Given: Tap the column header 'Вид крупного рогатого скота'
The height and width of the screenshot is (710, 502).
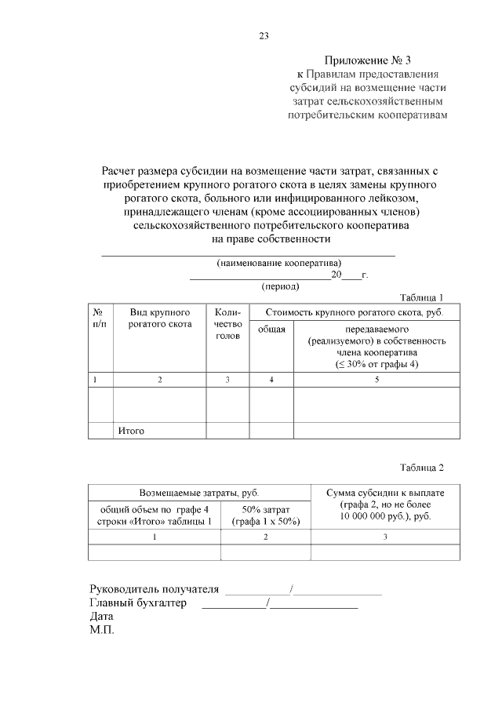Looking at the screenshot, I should (160, 318).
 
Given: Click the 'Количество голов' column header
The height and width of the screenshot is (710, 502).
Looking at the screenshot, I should (227, 324).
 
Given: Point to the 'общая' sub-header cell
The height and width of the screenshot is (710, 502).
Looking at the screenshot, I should (271, 330).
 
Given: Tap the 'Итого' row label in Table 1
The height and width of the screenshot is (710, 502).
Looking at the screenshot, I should (131, 431).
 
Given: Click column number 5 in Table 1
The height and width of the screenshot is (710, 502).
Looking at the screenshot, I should (376, 380).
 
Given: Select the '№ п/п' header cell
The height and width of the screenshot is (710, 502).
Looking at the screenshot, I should (100, 318).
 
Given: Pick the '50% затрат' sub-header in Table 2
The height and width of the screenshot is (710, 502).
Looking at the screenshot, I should (266, 515).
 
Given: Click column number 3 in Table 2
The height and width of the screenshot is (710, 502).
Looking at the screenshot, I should (385, 537).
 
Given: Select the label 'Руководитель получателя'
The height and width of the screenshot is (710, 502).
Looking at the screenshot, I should (153, 589).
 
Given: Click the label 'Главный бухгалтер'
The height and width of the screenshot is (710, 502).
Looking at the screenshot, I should (139, 603).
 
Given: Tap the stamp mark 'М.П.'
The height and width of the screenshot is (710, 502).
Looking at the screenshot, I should (102, 630).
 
